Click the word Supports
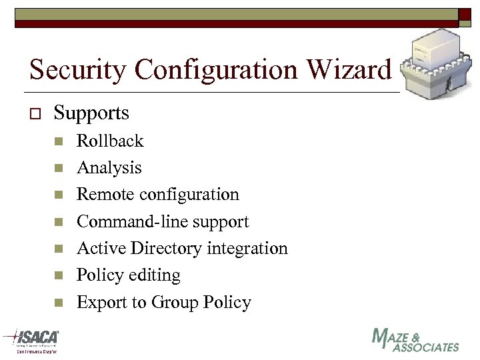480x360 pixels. pos(91,113)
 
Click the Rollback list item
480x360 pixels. pos(110,141)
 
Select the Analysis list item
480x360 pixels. pos(109,168)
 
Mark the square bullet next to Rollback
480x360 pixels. pos(59,141)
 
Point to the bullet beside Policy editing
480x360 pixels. pos(59,276)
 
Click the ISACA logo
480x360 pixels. pos(33,340)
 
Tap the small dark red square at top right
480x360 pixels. pos(464,14)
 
